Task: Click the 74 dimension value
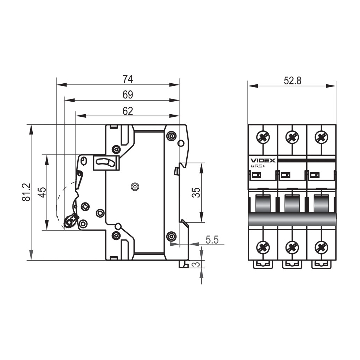click(127, 79)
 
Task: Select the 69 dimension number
click(128, 95)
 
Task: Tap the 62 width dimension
click(128, 111)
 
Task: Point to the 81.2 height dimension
click(26, 192)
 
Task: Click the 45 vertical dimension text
click(42, 192)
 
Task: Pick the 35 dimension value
click(196, 192)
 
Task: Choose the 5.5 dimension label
click(212, 240)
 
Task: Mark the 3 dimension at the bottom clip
click(196, 264)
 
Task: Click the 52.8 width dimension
click(292, 81)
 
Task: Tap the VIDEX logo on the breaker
click(263, 160)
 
